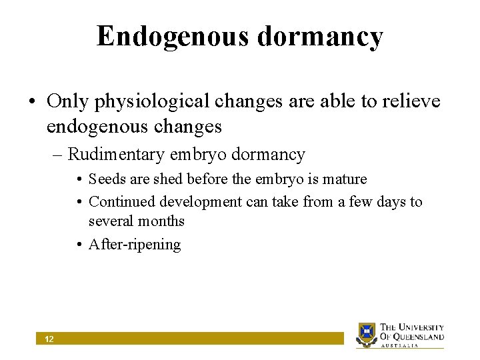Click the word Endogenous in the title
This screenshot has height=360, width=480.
pos(171,37)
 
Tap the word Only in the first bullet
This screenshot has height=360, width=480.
pos(69,101)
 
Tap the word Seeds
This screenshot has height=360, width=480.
pos(106,179)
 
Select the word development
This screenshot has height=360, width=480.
pos(198,201)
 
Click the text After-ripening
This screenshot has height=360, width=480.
pos(135,245)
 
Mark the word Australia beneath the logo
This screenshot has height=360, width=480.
pos(399,345)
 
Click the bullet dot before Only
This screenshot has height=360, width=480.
pos(31,102)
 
